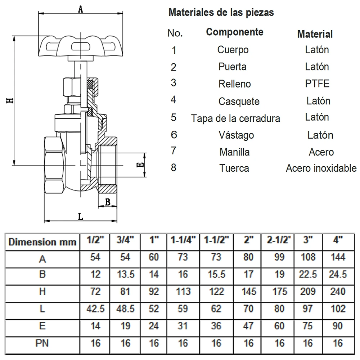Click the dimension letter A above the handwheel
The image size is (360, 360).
(x=80, y=9)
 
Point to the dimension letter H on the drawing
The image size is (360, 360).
(x=10, y=100)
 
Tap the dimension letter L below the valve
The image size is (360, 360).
(x=80, y=216)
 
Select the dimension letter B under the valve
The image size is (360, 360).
(x=107, y=202)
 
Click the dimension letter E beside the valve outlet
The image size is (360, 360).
(x=140, y=165)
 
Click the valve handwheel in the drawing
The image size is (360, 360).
(x=81, y=46)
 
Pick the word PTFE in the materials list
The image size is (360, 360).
(x=317, y=84)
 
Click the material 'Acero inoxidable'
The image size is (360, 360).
(x=321, y=168)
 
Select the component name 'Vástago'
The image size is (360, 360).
(x=236, y=135)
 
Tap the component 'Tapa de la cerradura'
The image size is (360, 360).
(x=235, y=118)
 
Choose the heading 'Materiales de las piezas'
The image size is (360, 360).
(x=221, y=12)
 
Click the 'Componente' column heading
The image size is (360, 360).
(x=235, y=32)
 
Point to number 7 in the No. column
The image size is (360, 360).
(x=174, y=151)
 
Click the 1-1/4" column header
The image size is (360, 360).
(x=183, y=240)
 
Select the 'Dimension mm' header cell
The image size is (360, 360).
(x=42, y=242)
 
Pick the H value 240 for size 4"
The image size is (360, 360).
(x=338, y=291)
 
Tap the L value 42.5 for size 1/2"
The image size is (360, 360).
(x=95, y=309)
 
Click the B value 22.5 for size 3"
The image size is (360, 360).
(x=308, y=274)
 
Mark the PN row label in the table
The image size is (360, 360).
(x=42, y=343)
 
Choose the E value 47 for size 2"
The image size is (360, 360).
(x=248, y=326)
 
